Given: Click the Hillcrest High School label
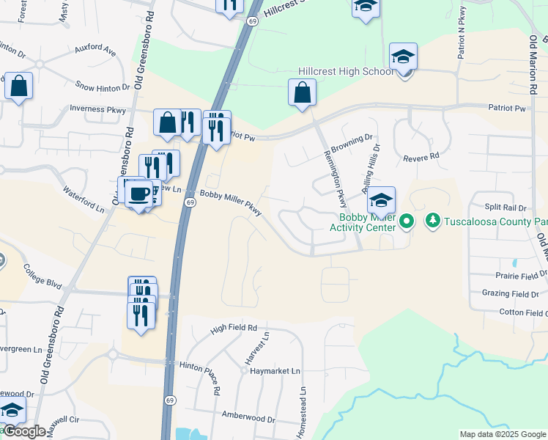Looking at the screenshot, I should coord(346,72).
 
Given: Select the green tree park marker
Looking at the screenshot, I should coord(432,220).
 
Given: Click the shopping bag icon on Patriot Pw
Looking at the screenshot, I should coord(302,94).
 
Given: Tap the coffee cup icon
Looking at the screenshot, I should coord(138,194).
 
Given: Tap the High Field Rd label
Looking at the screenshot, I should coord(234,328).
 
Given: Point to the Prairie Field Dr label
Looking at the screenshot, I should coord(511,276).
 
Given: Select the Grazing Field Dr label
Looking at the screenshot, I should coord(511,293).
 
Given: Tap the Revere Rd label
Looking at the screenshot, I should coord(421,157).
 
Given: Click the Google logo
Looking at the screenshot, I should coord(23,431).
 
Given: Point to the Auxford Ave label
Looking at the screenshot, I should coord(95,51).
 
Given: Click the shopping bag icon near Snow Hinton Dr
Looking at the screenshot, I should coord(18,86).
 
